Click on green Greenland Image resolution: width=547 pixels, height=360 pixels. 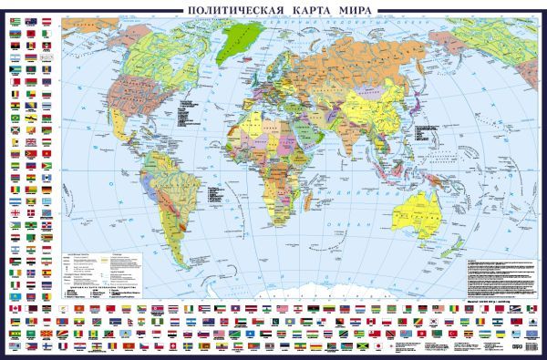(x=241, y=36)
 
